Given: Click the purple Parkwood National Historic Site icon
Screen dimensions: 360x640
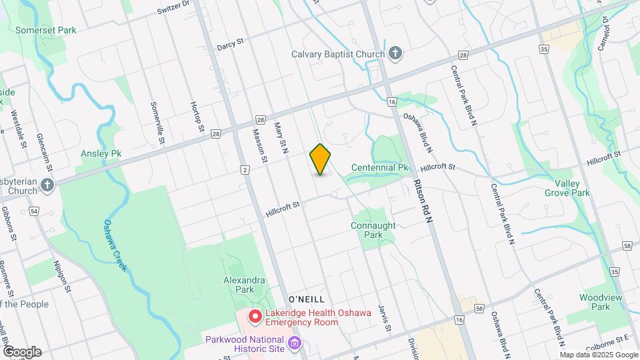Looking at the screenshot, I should pos(297,344).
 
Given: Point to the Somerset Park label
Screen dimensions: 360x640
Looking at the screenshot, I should pos(46,30).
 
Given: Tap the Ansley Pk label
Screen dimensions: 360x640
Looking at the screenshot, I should pos(101,153).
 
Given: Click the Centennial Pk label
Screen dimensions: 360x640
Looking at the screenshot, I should pos(379,167).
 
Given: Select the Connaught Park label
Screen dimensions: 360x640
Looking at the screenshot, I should pos(373,230).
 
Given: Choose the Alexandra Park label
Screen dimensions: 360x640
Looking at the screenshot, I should pos(245,285).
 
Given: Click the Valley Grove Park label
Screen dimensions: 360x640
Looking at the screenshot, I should pos(567,187).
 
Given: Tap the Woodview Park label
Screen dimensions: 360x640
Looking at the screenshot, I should pos(595,302).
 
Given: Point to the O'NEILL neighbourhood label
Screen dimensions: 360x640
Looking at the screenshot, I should pos(306,299).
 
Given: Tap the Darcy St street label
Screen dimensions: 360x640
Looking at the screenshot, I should pos(231,45).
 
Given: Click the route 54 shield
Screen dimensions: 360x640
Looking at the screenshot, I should pos(34,211).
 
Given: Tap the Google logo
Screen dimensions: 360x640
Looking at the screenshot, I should pos(22,352).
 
